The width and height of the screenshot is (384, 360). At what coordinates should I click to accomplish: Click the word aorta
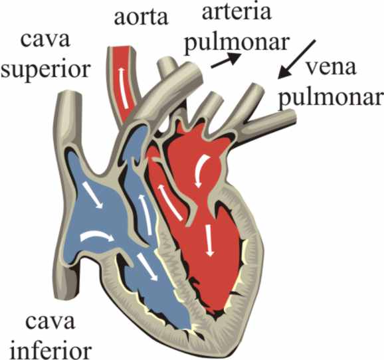point(142,17)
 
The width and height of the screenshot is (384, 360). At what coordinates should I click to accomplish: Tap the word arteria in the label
point(237,12)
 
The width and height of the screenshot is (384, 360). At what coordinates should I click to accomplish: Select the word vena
point(331,68)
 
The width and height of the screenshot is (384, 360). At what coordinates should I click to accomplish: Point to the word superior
point(46,70)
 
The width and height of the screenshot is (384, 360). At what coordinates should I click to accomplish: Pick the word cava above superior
point(46,40)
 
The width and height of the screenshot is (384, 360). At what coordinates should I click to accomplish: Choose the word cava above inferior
point(50,321)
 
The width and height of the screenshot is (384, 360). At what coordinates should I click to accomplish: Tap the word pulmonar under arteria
point(237,44)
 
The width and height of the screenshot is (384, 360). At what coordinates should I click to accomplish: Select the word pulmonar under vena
point(331,98)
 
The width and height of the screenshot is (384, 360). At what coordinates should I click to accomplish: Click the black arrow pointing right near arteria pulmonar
point(225,60)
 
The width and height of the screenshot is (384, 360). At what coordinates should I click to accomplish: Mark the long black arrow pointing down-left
point(296,60)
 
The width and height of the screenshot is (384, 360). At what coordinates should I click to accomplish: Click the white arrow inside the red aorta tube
point(124,88)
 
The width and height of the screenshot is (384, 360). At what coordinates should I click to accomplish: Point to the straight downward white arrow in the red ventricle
point(209,240)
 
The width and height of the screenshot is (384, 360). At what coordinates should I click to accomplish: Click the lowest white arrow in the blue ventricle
point(147,267)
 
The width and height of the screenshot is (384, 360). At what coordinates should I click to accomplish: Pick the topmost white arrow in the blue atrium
point(92,195)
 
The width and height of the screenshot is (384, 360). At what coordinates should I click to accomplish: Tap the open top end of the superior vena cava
point(68,94)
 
